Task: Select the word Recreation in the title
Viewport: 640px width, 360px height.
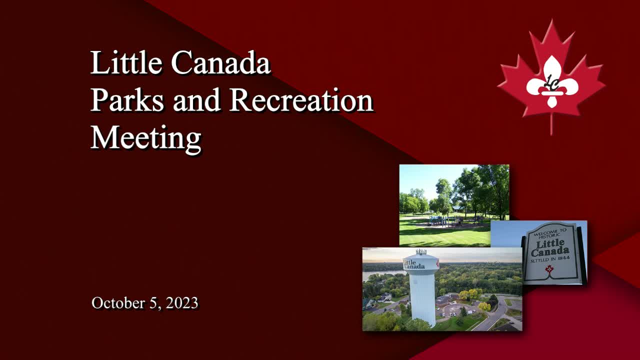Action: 301,100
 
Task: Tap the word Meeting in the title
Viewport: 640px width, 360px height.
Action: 145,136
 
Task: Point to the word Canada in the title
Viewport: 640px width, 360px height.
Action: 220,63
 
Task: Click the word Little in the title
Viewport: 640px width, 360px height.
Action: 126,63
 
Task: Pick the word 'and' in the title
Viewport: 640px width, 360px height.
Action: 197,100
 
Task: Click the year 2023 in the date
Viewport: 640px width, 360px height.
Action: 182,303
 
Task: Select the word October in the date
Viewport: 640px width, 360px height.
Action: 117,303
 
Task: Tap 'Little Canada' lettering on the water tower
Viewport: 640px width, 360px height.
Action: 414,264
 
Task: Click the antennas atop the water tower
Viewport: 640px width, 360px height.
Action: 420,251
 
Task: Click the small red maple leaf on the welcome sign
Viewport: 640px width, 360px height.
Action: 549,270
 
